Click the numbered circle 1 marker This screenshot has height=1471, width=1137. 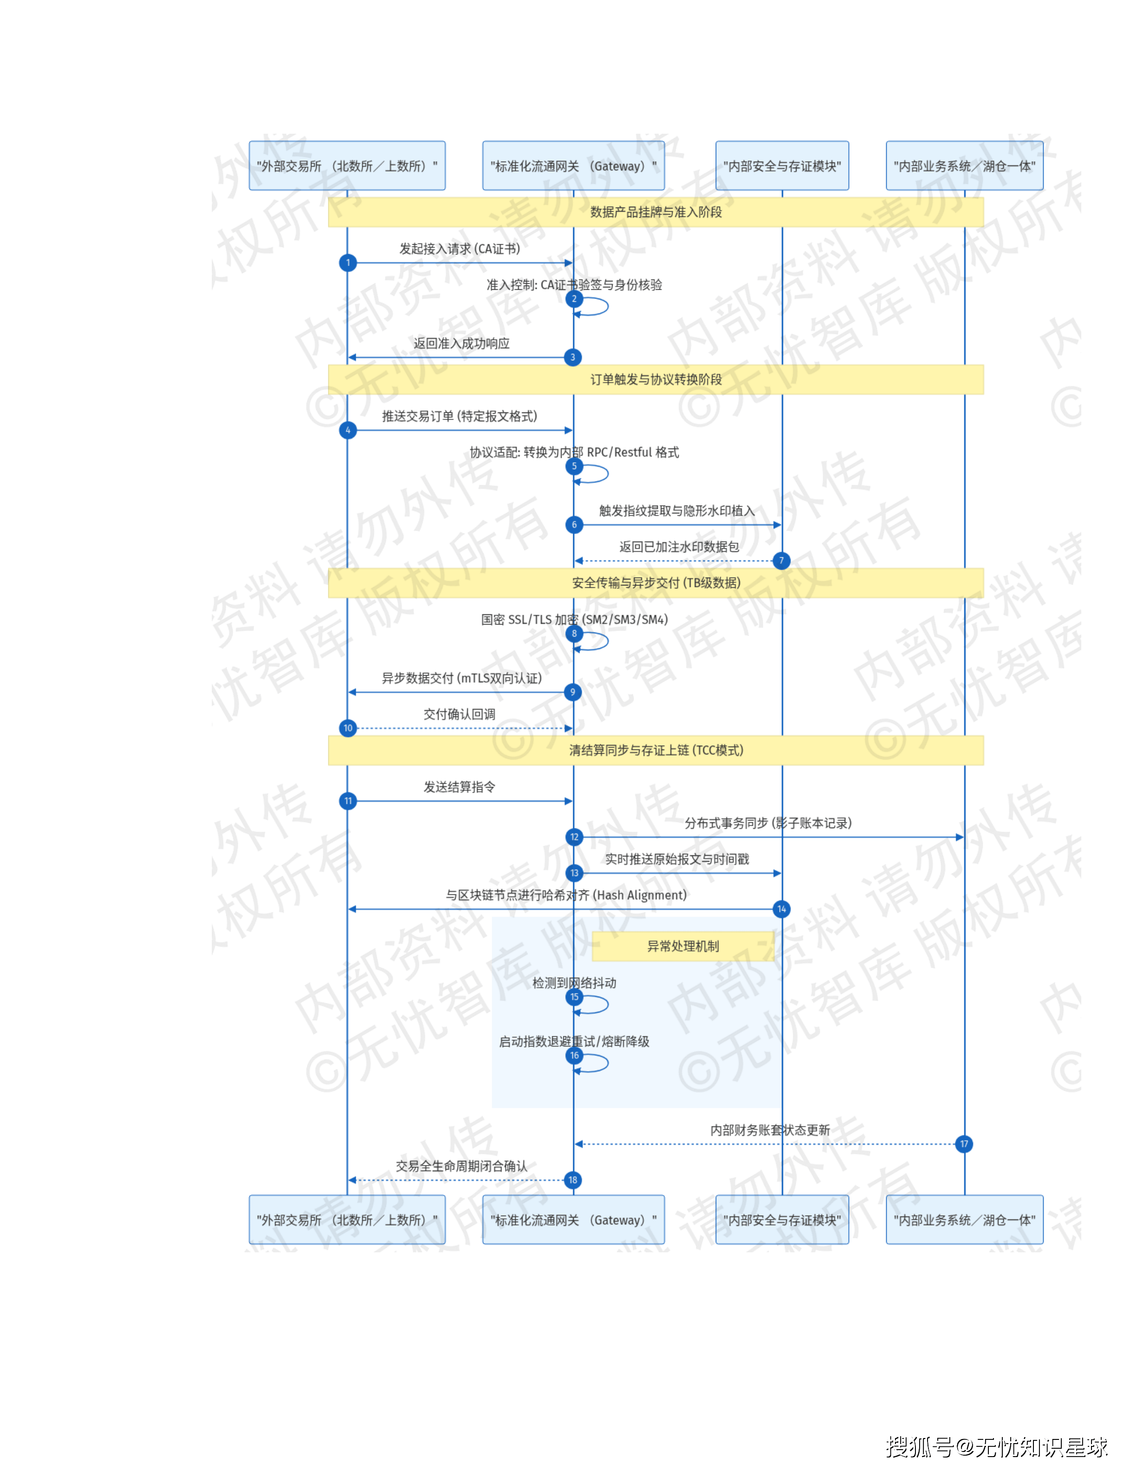(347, 263)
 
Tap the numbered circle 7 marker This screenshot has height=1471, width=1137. (781, 560)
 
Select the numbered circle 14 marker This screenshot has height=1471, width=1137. (781, 909)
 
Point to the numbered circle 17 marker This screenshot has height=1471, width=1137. (964, 1144)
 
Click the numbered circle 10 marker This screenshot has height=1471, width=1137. (347, 728)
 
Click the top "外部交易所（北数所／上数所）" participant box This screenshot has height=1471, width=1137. (347, 166)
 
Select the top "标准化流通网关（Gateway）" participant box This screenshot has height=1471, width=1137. (573, 166)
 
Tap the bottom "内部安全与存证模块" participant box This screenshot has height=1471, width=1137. (782, 1220)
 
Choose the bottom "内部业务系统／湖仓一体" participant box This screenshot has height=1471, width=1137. (965, 1220)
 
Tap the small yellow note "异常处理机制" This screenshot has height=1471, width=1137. (683, 946)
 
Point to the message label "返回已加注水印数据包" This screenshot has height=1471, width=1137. (679, 547)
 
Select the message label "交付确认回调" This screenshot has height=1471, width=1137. (459, 714)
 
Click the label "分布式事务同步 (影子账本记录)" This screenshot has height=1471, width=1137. (768, 823)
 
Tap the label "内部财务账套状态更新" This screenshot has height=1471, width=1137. (770, 1130)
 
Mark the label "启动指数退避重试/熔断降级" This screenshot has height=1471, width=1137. (574, 1042)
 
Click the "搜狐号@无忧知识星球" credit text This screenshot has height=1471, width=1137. (997, 1447)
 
